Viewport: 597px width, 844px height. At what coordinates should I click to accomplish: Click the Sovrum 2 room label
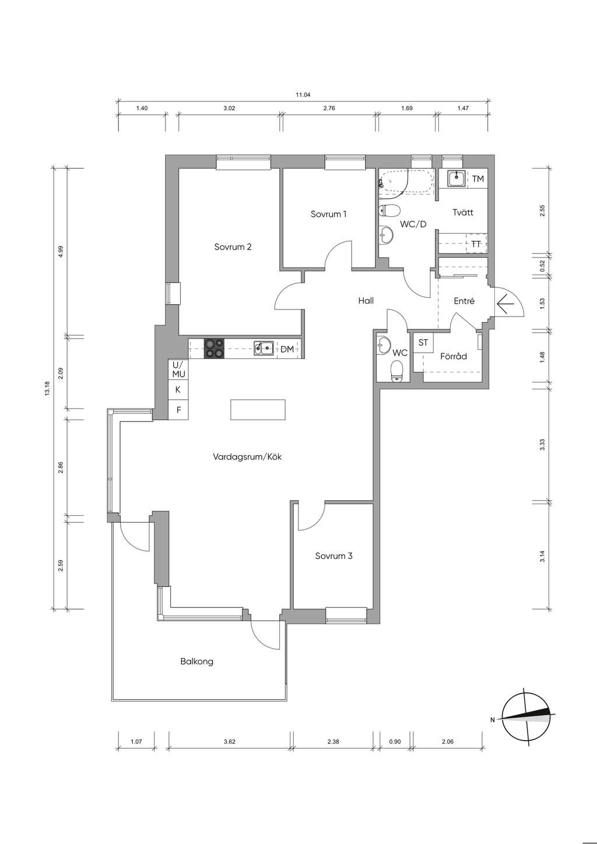click(x=233, y=247)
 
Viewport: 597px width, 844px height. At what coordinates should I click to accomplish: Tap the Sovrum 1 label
click(x=328, y=214)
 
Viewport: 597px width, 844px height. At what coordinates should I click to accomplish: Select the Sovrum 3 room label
click(x=333, y=555)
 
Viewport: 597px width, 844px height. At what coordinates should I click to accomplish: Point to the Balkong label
click(x=196, y=662)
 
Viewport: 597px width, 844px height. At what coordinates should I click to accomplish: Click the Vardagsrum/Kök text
click(x=247, y=457)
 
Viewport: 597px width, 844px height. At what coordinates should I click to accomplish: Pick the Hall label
click(x=366, y=300)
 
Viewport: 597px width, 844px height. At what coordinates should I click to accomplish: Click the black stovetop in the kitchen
click(x=214, y=349)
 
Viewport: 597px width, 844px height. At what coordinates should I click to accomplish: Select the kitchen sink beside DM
click(x=264, y=348)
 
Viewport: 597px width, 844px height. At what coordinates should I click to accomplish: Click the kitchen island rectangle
click(x=258, y=410)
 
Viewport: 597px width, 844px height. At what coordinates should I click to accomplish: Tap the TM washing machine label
click(x=478, y=178)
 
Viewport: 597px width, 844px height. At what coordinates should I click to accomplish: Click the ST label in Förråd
click(x=423, y=343)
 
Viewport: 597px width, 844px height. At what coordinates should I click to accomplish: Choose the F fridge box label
click(x=179, y=410)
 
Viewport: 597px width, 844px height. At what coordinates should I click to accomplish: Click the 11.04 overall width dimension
click(x=303, y=95)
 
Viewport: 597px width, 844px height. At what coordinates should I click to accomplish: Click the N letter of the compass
click(x=492, y=720)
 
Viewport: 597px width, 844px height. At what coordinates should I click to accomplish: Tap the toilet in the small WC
click(x=396, y=371)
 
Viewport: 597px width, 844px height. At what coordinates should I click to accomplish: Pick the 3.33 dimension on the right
click(x=542, y=445)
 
